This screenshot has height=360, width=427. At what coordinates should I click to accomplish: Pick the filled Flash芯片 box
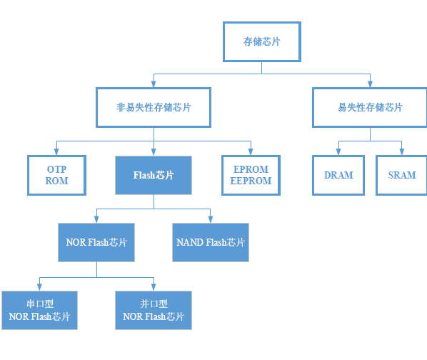point(154,175)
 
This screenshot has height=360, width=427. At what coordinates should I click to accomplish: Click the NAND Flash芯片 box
point(211,242)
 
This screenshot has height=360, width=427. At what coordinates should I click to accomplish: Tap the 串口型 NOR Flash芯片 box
point(39,310)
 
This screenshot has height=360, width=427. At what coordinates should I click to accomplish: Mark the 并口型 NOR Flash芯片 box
point(154,310)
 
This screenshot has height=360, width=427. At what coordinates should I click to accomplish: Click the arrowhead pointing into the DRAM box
point(338,152)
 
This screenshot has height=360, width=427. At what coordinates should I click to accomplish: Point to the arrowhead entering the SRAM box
point(402,152)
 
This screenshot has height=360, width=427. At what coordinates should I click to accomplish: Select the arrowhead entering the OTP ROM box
point(56,152)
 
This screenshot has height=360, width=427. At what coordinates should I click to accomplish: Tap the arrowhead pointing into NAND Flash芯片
point(210,219)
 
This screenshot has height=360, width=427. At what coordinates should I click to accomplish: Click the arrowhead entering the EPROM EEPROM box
point(251,152)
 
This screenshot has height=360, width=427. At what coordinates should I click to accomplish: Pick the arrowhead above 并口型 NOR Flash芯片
point(154,287)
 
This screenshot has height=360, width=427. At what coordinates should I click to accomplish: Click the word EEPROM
point(251,181)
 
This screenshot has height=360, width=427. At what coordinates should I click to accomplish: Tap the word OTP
point(56,169)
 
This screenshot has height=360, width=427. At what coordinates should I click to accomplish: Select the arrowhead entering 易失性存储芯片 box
point(370,84)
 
